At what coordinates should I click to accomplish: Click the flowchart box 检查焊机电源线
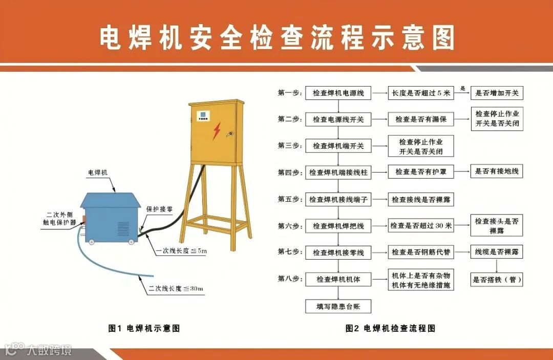(x=338, y=93)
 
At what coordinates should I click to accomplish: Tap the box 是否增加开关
(x=497, y=93)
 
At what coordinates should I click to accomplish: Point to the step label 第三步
(x=290, y=145)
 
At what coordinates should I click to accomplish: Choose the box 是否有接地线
(x=497, y=172)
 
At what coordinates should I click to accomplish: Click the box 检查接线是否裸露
(x=420, y=199)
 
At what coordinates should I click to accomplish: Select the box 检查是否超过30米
(x=420, y=225)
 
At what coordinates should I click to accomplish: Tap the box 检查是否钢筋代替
(x=420, y=252)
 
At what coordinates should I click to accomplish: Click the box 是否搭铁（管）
(x=497, y=280)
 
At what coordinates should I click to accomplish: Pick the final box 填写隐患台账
(x=338, y=306)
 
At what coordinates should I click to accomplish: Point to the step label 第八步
(x=290, y=279)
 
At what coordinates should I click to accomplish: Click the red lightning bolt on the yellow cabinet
(x=217, y=131)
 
